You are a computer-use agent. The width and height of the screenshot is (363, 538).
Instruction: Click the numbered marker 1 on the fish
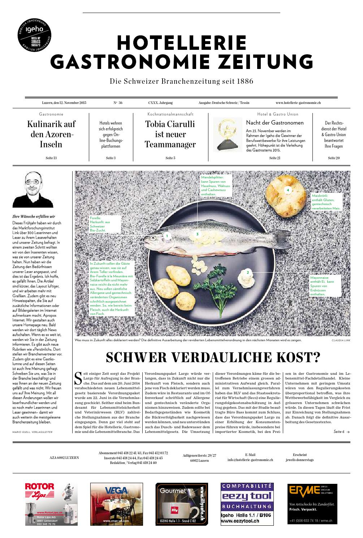coord(167,236)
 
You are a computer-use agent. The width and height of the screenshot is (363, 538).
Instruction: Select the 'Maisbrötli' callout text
coord(326,202)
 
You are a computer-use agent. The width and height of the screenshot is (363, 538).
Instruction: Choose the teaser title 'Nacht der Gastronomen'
coord(275,123)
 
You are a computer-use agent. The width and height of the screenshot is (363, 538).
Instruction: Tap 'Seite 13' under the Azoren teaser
coord(51,158)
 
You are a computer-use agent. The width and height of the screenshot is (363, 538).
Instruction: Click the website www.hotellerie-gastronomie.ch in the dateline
coord(298,103)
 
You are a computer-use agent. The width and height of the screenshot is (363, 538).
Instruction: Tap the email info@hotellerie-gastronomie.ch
coord(250,460)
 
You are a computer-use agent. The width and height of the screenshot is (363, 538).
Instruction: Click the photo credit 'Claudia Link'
coord(341,340)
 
